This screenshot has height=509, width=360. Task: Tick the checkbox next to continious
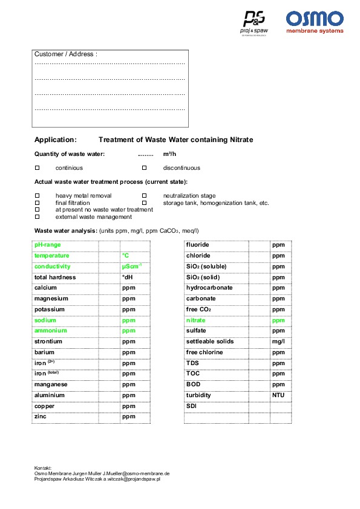coord(37,167)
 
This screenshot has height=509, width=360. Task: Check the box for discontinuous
coord(144,167)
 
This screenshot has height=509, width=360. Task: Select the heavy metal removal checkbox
coord(37,196)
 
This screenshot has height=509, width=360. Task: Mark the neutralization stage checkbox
coord(144,196)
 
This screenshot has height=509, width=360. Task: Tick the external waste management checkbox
coord(37,216)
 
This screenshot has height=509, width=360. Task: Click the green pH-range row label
coord(47,245)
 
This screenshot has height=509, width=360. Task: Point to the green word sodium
coord(45,320)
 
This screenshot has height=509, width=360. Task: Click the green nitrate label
coord(195,320)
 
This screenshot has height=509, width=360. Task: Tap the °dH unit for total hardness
coord(127,277)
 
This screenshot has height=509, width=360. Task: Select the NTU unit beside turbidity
coord(278,395)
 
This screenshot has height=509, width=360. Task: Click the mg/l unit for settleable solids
coord(278,342)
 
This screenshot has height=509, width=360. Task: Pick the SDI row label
coord(191,406)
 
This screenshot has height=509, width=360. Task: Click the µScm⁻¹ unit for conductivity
coord(131,266)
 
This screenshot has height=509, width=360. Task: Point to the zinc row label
coord(41,417)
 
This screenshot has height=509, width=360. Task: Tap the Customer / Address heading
coord(65,54)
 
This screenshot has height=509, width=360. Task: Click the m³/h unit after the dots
coord(169,154)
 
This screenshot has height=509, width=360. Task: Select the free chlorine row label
coord(204,352)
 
